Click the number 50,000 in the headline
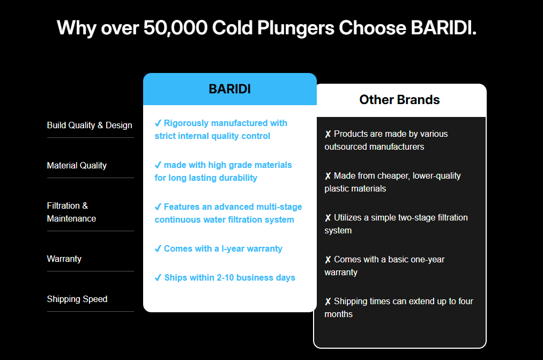tap(175, 28)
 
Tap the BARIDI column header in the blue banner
tap(229, 89)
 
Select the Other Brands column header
tap(399, 100)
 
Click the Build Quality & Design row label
tap(90, 125)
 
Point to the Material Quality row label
tap(77, 166)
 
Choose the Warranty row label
tap(64, 259)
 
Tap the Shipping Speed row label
tap(77, 299)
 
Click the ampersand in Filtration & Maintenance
tap(85, 206)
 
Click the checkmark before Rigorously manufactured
tap(158, 123)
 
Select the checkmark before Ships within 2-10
tap(158, 278)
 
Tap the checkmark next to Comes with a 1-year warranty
tap(158, 249)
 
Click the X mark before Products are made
tap(328, 134)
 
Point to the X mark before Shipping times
tap(328, 302)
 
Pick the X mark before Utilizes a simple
tap(328, 218)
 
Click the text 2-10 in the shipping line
tap(225, 277)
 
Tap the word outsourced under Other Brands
tap(348, 147)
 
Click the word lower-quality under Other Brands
tap(437, 176)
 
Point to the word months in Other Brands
tap(339, 314)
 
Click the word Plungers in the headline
tap(296, 28)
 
